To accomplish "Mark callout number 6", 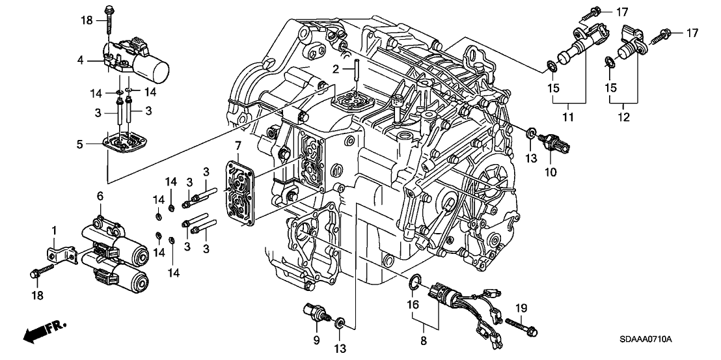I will [x=100, y=196].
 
